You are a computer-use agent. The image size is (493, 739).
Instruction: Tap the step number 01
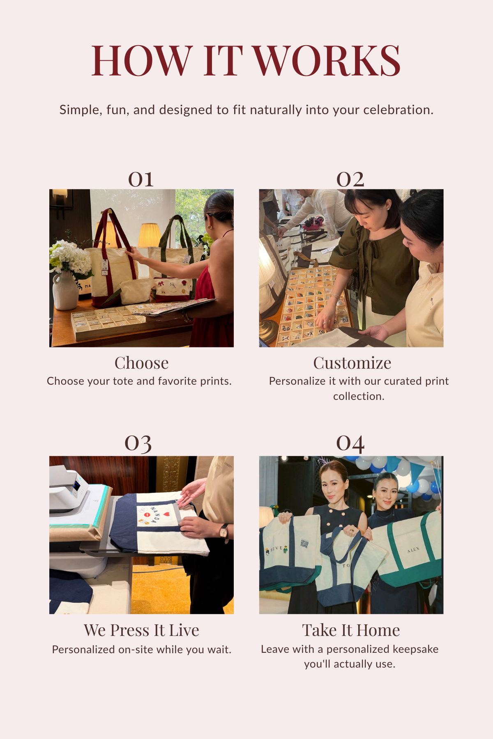pyautogui.click(x=141, y=179)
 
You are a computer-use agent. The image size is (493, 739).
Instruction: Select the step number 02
pyautogui.click(x=350, y=179)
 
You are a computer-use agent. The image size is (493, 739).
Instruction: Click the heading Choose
pyautogui.click(x=142, y=363)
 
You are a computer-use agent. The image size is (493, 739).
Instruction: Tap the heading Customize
pyautogui.click(x=352, y=363)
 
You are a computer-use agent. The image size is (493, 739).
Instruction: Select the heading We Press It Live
pyautogui.click(x=142, y=630)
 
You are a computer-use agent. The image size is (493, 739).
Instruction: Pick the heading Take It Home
pyautogui.click(x=351, y=630)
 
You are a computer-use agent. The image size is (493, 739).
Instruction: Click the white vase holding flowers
pyautogui.click(x=65, y=290)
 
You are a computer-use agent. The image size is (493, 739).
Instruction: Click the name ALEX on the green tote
pyautogui.click(x=413, y=550)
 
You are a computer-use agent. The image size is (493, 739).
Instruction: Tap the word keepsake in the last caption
pyautogui.click(x=415, y=649)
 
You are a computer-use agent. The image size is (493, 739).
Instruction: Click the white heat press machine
pyautogui.click(x=69, y=489)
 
